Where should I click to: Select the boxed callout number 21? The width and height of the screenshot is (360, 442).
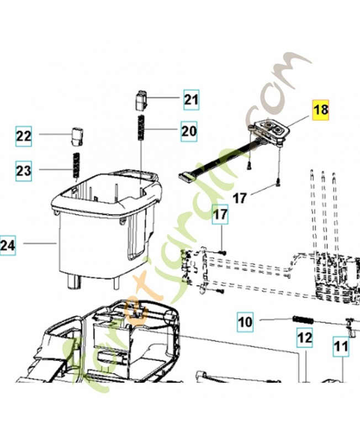pos(192,100)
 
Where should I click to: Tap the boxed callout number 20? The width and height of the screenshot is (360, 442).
pos(189,131)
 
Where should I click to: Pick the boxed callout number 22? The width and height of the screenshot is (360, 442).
pos(24,136)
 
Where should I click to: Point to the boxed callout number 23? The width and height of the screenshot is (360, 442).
pos(24,171)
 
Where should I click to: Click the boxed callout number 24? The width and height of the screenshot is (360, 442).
pos(8,245)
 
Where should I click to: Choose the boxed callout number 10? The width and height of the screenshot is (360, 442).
pos(245,322)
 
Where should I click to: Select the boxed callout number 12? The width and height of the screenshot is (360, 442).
pos(305,338)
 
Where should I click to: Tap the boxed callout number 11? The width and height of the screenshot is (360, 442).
pos(341,346)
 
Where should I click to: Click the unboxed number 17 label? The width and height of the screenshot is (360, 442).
pos(240,198)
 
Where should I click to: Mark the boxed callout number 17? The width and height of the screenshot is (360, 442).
pos(220,214)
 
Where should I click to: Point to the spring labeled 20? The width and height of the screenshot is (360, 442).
pos(141,127)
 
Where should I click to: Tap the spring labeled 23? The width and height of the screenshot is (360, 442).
pos(76,165)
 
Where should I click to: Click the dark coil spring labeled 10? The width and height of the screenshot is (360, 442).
pos(303,320)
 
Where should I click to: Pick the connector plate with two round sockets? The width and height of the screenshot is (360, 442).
pos(269,130)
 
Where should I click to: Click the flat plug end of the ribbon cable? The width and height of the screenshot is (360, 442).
pos(186,177)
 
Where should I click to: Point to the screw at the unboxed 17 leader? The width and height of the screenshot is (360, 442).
pos(278,183)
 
